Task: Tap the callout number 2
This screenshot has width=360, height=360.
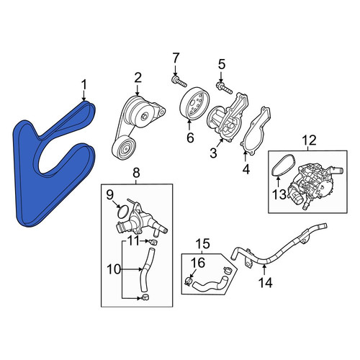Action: (138, 78)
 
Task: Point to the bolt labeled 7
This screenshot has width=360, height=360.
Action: (179, 81)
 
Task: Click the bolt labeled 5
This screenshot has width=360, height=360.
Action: (224, 88)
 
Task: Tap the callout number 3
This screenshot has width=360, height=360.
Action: (213, 153)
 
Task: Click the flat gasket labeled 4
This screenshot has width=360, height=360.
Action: (256, 131)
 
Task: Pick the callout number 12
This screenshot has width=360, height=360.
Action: (309, 140)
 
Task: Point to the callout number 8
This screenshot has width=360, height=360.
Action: (136, 173)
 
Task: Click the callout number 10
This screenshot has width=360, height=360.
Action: (114, 269)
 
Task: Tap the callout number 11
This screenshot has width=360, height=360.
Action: (133, 241)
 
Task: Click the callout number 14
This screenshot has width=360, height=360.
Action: (266, 282)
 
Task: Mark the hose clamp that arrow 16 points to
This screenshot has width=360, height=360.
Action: (189, 280)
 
